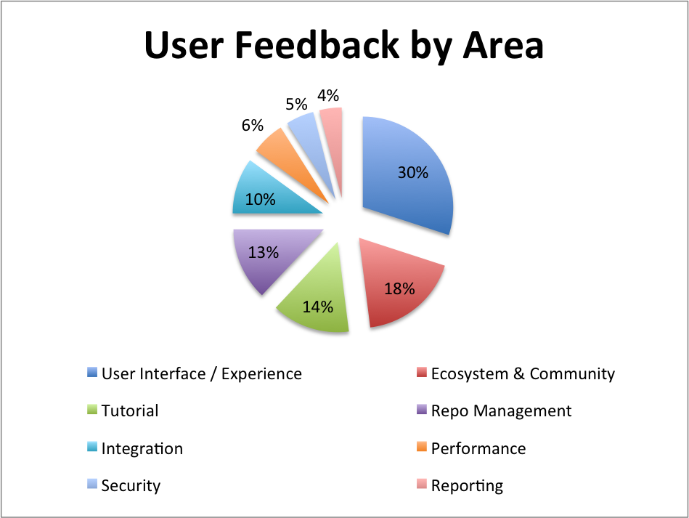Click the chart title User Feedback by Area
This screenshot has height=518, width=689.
point(344,46)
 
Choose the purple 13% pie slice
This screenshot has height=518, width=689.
point(269,262)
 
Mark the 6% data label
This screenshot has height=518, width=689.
point(252,126)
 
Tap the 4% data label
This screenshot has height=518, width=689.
point(328,95)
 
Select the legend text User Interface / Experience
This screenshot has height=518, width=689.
point(201,374)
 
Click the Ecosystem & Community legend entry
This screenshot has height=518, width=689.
point(522,374)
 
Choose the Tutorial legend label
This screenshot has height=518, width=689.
point(130,411)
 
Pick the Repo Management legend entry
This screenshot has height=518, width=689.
point(501,411)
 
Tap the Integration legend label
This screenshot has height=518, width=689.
point(142,449)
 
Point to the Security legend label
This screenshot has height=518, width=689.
point(131,486)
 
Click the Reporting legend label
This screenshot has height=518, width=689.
point(467,486)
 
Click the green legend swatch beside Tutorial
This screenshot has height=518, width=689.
point(91,410)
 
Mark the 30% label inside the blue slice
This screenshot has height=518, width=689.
point(412,174)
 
